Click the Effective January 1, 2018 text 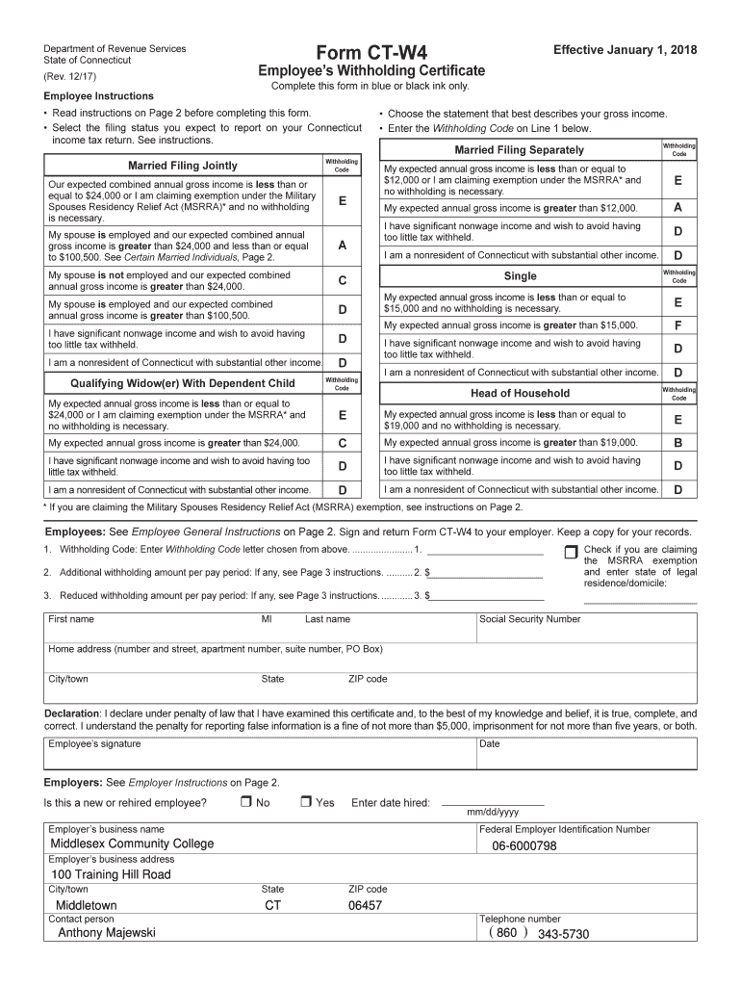coord(625,50)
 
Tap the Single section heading coord(520,276)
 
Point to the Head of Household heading coord(520,393)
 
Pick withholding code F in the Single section coord(677,325)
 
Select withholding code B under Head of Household coord(677,443)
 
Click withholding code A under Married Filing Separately coord(677,208)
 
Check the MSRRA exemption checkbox coord(571,552)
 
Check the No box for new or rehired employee coord(245,802)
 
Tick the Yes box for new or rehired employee coord(305,802)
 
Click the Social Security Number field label coord(529,619)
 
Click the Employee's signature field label coord(94,743)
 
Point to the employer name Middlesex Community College coord(132,843)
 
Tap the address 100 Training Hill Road coord(111,874)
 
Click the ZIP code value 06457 coord(365,905)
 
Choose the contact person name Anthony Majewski coord(107,932)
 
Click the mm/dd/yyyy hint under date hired coord(493,812)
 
